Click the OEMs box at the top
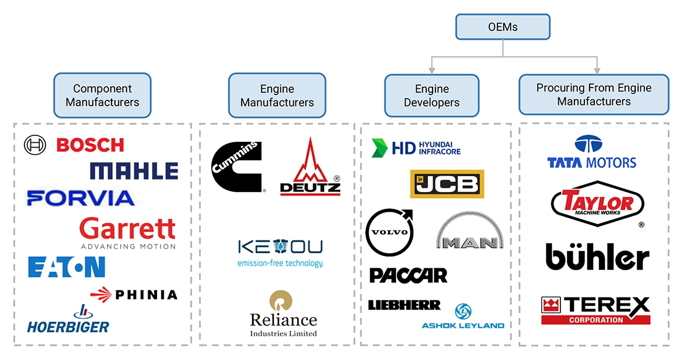503,27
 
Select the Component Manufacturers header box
102,95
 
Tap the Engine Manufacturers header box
277,96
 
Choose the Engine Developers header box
431,96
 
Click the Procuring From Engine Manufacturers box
594,95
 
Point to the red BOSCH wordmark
90,145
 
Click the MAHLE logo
134,171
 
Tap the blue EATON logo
67,267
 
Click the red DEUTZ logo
310,169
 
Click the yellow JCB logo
447,184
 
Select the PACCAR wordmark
408,275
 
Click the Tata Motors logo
591,153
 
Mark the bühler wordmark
597,257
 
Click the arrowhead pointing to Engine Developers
431,69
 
